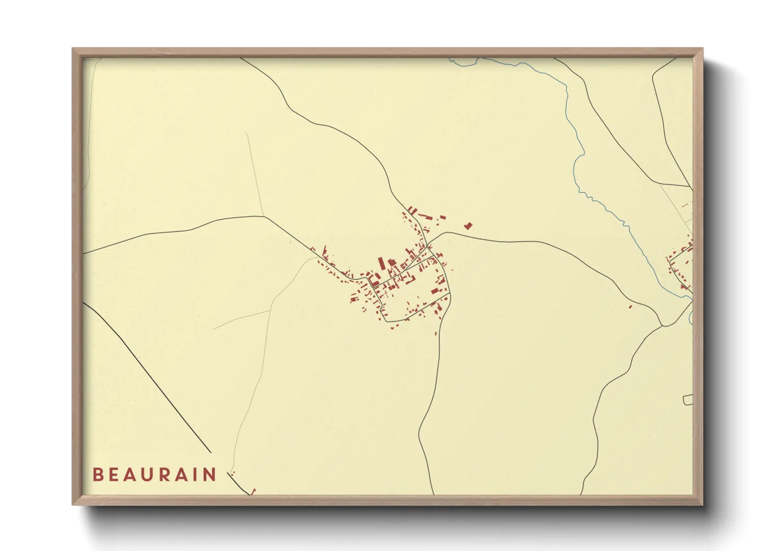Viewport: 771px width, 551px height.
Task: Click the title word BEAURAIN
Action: [154, 474]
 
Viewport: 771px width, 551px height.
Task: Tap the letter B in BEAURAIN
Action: [97, 474]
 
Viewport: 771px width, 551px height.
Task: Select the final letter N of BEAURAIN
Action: [210, 474]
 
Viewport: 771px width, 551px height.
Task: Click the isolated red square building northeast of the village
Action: [468, 226]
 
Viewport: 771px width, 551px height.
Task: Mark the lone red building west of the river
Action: [630, 306]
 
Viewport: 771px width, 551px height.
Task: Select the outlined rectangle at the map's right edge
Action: [688, 399]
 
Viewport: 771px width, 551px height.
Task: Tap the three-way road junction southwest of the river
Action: [662, 326]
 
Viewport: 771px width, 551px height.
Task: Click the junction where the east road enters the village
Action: [428, 244]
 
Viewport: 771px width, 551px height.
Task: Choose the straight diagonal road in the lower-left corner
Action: [151, 380]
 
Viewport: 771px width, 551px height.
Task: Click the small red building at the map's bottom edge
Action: [254, 491]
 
